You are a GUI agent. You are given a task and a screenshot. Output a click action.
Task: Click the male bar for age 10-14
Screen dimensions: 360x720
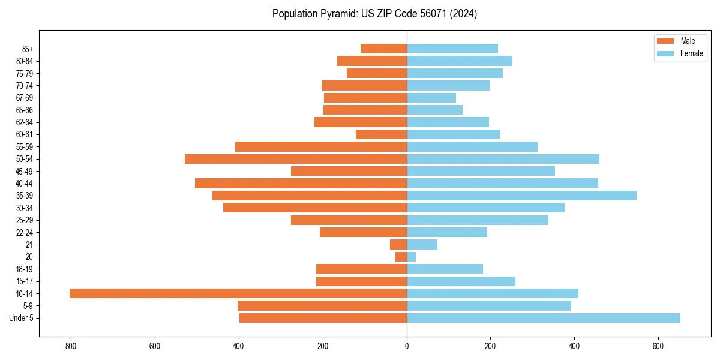coord(238,293)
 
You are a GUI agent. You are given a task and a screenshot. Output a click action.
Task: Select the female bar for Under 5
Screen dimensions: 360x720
coord(544,318)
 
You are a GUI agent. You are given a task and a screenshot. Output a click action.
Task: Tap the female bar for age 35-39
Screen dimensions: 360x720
coord(521,196)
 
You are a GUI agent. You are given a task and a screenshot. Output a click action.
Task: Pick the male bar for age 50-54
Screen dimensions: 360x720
coord(296,159)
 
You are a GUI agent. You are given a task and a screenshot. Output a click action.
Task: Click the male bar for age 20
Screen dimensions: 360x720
coord(401,257)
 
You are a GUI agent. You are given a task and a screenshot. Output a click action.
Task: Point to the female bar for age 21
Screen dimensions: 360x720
coord(422,244)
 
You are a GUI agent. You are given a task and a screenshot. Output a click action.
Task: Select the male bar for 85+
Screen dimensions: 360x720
coord(383,49)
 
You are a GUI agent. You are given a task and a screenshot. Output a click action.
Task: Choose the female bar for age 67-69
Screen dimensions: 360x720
coord(431,98)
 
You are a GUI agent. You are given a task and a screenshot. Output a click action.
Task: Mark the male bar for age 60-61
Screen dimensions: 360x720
coord(381,134)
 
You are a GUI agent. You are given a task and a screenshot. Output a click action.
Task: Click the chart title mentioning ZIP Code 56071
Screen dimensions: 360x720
coord(374,14)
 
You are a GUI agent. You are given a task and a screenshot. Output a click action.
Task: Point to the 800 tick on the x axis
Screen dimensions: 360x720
coord(71,346)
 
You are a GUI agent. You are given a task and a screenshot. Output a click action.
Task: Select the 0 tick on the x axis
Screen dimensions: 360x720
coord(407,346)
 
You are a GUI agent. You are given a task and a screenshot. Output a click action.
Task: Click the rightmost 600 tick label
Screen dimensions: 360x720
coord(658,346)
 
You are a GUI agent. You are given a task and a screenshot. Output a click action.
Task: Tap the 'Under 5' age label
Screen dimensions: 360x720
coord(21,318)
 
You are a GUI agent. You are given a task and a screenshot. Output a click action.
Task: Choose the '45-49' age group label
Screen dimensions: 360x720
coord(24,171)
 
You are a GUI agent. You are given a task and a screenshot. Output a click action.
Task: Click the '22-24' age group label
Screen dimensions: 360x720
coord(24,232)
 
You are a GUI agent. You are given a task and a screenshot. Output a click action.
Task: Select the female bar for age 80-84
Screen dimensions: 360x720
coord(460,61)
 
